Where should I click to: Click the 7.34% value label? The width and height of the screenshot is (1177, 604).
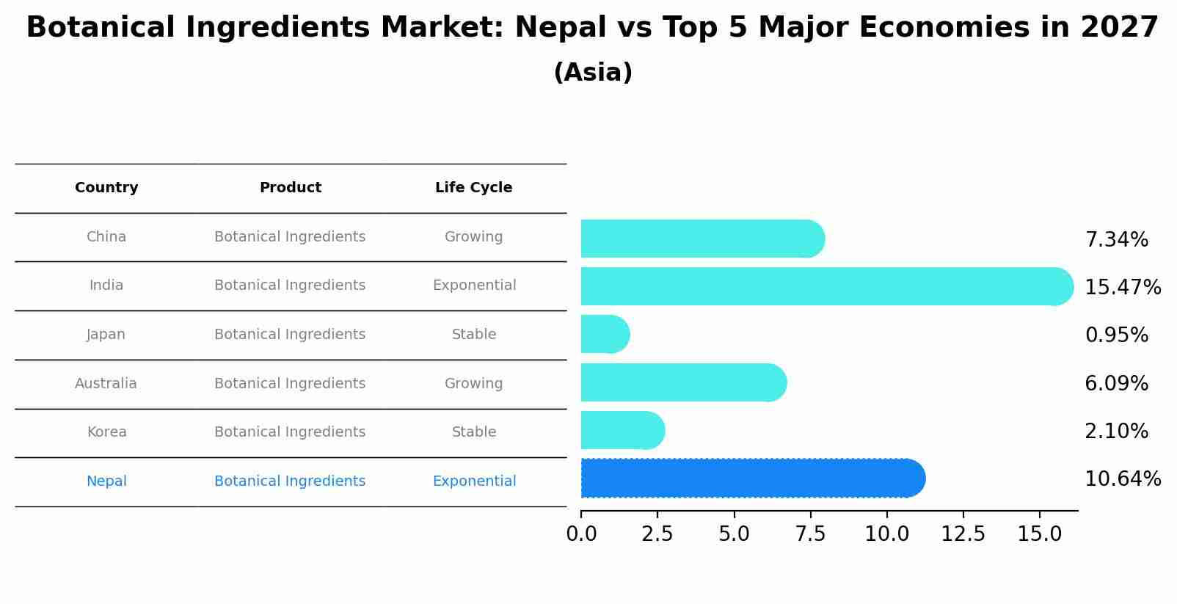tap(1116, 240)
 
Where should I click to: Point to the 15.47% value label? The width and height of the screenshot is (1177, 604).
tap(1122, 288)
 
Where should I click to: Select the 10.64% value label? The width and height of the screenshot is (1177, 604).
tap(1122, 479)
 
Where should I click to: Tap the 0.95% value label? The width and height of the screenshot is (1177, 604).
tap(1116, 335)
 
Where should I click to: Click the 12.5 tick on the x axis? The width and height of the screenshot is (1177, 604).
tap(963, 534)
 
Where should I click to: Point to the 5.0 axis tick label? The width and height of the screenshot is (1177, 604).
tap(734, 534)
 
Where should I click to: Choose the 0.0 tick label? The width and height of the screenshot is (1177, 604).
tap(581, 534)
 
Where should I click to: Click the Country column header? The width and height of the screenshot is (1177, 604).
tap(106, 188)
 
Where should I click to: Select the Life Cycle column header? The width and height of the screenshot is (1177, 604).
tap(473, 188)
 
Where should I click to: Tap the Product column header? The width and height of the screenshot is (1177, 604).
tap(290, 188)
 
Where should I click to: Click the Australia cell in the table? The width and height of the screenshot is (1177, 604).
tap(106, 384)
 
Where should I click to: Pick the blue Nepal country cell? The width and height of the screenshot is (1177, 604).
tap(106, 481)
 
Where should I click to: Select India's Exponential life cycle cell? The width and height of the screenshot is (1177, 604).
tap(474, 285)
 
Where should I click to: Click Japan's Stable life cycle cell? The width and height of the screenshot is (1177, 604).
tap(474, 335)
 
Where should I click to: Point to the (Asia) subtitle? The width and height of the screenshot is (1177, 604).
tap(593, 73)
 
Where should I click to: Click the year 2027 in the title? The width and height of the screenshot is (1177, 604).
tap(1119, 28)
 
